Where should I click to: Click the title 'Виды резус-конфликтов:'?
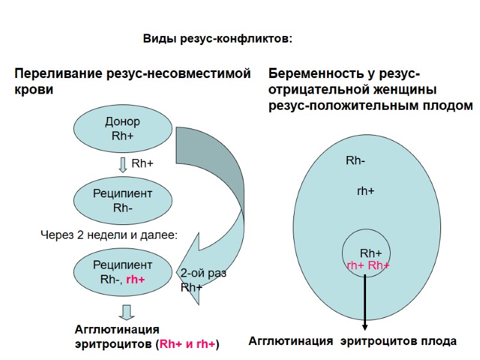[x=217, y=40]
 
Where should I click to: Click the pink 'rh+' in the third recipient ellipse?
[x=136, y=279]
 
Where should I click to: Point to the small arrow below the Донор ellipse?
[x=122, y=164]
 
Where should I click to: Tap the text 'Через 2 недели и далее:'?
[x=109, y=235]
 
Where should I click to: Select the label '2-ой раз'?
[x=203, y=273]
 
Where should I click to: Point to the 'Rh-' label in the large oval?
[x=356, y=161]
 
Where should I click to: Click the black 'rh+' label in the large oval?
[x=365, y=191]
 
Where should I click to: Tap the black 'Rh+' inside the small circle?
[x=371, y=253]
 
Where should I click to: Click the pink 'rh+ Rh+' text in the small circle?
[x=368, y=265]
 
